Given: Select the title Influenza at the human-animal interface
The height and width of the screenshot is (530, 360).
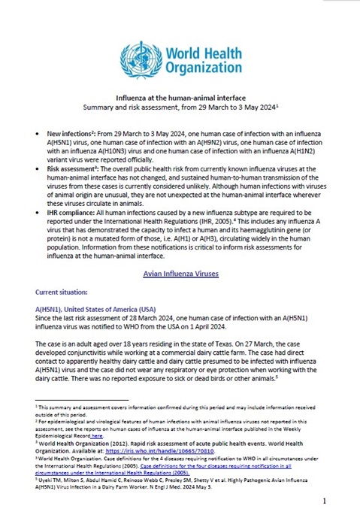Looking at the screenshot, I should [179, 98].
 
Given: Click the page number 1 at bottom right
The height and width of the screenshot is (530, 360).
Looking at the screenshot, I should [324, 500].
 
